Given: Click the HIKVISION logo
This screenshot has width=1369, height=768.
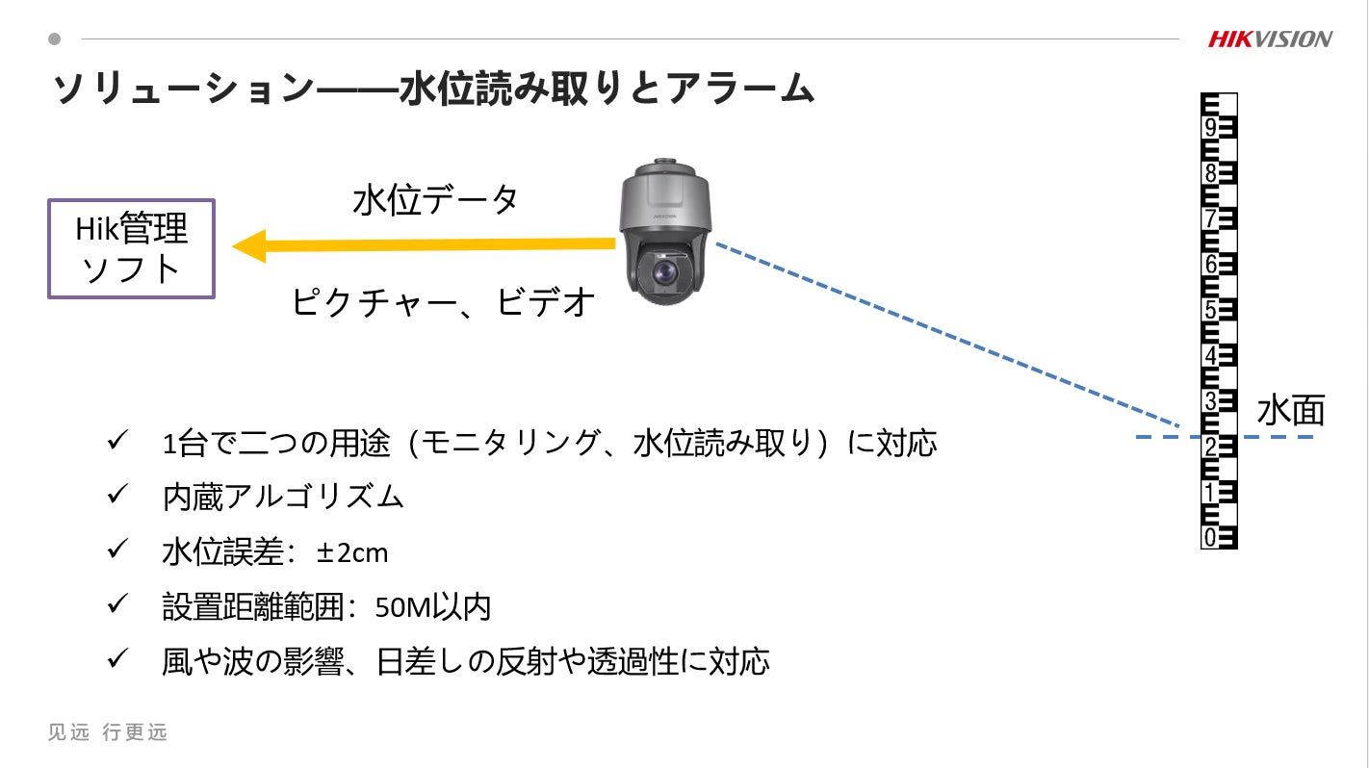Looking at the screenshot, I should [1270, 39].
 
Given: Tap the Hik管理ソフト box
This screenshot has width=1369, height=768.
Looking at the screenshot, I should [131, 248].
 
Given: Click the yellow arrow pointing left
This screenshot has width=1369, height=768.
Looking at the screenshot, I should [424, 245].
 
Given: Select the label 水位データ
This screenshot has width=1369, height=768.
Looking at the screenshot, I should [436, 200].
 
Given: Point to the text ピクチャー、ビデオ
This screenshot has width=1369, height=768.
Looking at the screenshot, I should [444, 302].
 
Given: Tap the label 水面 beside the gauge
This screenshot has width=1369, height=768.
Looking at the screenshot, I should [1290, 411].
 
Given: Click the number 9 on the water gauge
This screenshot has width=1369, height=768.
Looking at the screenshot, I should [1210, 128].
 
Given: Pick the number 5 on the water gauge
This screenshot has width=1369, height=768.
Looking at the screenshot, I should [1210, 310].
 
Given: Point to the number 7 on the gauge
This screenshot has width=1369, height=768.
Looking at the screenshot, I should [1210, 219].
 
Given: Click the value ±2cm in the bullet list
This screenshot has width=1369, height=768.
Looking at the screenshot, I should [351, 552].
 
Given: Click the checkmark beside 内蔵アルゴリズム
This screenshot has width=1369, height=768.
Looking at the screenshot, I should [118, 496].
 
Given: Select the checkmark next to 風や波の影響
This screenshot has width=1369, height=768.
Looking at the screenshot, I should [118, 660].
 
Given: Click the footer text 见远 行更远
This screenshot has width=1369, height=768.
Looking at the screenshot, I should [108, 732].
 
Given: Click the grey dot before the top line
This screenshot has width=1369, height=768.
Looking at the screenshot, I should [55, 39].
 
